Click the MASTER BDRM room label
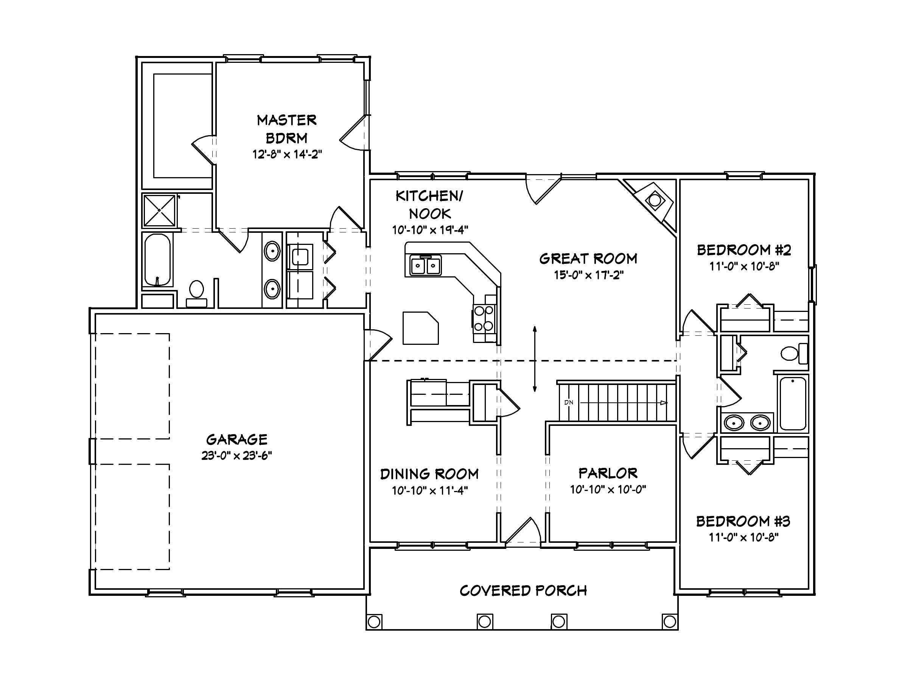point(286,128)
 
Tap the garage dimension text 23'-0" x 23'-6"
point(237,455)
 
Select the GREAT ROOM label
point(588,259)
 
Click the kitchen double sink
point(425,265)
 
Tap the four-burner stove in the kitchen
point(484,318)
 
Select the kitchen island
point(420,328)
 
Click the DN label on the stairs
point(568,402)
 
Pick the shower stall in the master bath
point(159,210)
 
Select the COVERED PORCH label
point(523,591)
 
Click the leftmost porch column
point(374,622)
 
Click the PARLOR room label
point(608,473)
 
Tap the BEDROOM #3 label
point(743,521)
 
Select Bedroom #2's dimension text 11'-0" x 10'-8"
point(744,266)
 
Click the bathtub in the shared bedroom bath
point(793,404)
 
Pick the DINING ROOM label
point(429,474)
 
